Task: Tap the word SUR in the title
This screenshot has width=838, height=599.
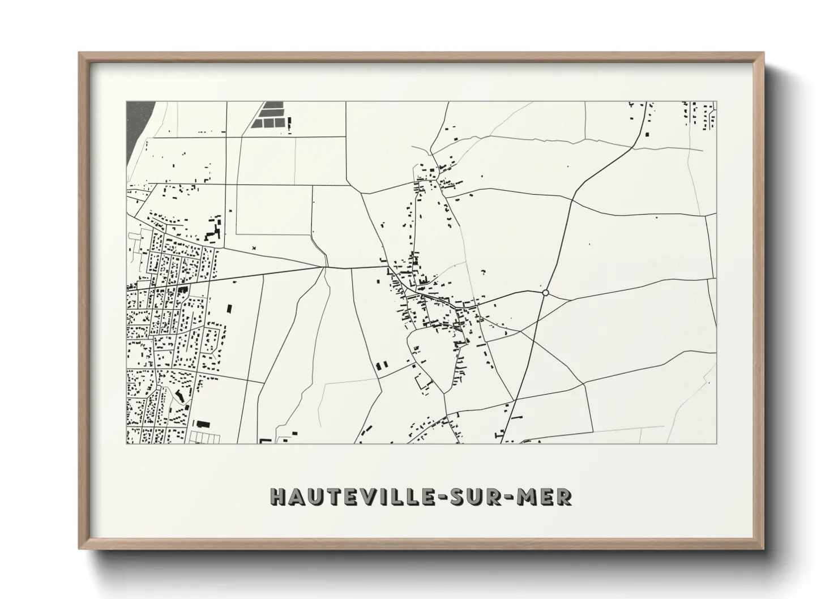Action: click(482, 497)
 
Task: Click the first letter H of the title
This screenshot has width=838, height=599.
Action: click(277, 497)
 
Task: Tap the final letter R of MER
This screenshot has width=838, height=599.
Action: click(565, 497)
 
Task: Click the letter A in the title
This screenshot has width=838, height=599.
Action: click(294, 497)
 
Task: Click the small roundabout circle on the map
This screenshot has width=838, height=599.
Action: click(545, 293)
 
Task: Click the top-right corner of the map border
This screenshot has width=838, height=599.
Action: click(716, 102)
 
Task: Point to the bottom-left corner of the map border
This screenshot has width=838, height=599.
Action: click(126, 443)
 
